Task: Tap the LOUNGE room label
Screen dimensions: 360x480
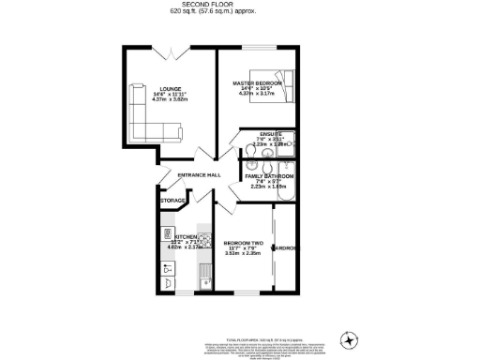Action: pyautogui.click(x=170, y=90)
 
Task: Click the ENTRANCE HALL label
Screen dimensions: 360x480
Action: pyautogui.click(x=200, y=175)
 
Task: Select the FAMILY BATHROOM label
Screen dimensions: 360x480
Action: pyautogui.click(x=270, y=176)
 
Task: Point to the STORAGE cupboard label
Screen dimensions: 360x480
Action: pyautogui.click(x=172, y=201)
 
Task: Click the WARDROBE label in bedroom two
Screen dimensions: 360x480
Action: pyautogui.click(x=285, y=247)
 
